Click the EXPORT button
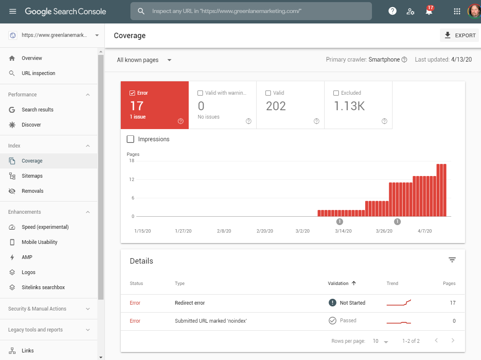pyautogui.click(x=460, y=36)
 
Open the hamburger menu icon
pyautogui.click(x=13, y=11)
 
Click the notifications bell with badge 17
pyautogui.click(x=429, y=11)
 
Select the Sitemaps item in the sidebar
pyautogui.click(x=32, y=176)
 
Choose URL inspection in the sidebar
pyautogui.click(x=38, y=73)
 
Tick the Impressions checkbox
pyautogui.click(x=130, y=139)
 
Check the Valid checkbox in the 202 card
pyautogui.click(x=268, y=93)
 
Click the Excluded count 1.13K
pyautogui.click(x=349, y=106)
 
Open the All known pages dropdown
pyautogui.click(x=144, y=60)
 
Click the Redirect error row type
pyautogui.click(x=190, y=303)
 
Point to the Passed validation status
pyautogui.click(x=348, y=321)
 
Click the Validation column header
pyautogui.click(x=338, y=284)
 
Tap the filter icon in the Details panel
pyautogui.click(x=452, y=260)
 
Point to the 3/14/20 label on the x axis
pyautogui.click(x=343, y=231)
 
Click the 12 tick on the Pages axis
pyautogui.click(x=132, y=179)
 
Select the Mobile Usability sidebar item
pyautogui.click(x=39, y=242)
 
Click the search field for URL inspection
pyautogui.click(x=252, y=11)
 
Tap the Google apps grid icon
pyautogui.click(x=457, y=11)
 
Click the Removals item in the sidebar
pyautogui.click(x=32, y=191)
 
